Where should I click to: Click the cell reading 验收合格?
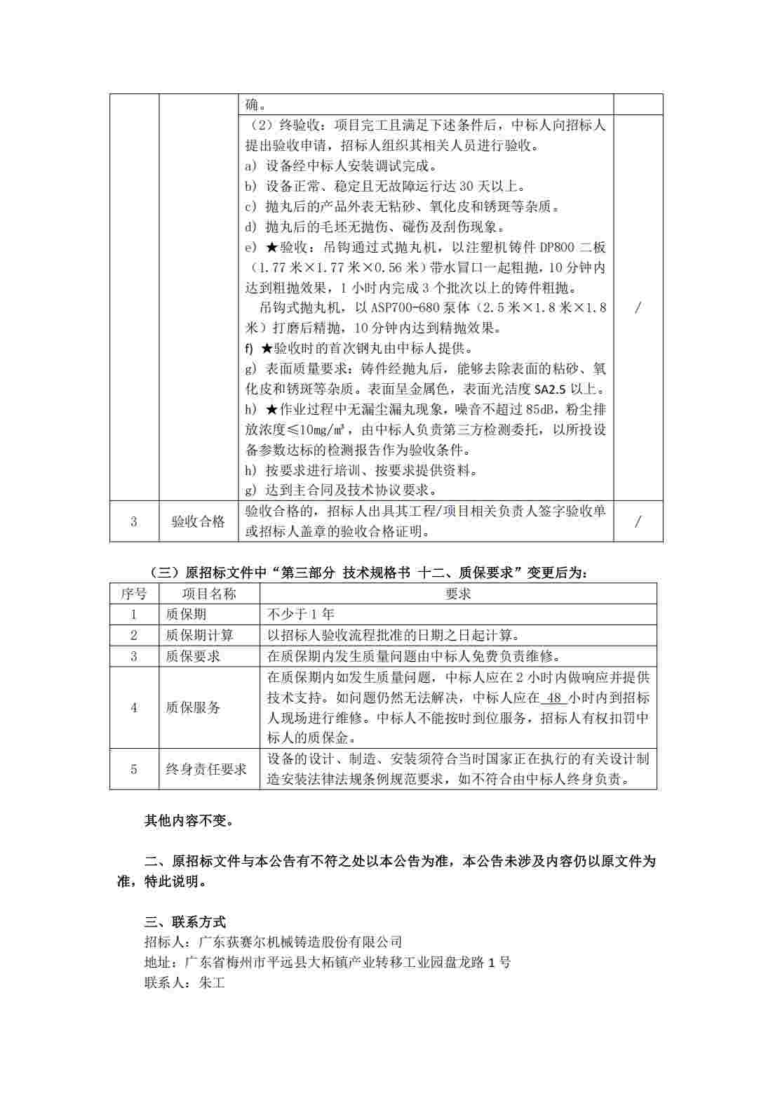click(199, 521)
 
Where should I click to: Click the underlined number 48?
click(553, 698)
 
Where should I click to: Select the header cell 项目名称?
click(209, 594)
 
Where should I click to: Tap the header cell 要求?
click(458, 594)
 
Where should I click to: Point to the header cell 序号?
click(134, 594)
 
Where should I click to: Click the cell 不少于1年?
click(301, 614)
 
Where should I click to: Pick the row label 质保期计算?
click(199, 635)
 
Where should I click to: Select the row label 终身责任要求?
click(206, 769)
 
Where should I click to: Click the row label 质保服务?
click(193, 707)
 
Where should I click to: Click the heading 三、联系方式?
click(185, 921)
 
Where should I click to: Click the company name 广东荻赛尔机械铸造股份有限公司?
click(301, 942)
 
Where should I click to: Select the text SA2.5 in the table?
click(549, 389)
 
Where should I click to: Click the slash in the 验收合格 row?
click(638, 521)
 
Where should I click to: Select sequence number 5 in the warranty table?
click(134, 769)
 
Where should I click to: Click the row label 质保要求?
click(193, 656)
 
